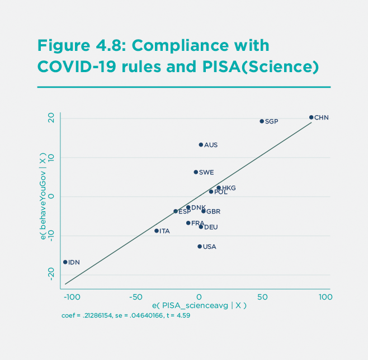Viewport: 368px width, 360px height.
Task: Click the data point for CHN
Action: point(311,117)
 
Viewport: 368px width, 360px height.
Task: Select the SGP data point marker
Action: point(262,121)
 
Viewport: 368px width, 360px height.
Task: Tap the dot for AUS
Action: point(201,145)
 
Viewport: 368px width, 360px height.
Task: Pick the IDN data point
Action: point(65,262)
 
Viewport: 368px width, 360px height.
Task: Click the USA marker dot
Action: point(200,247)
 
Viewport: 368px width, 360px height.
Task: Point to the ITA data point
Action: point(157,231)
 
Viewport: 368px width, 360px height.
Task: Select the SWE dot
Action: point(196,172)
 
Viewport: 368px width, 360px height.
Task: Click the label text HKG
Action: point(229,188)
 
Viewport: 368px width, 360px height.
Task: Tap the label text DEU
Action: point(211,228)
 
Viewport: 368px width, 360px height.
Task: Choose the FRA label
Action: point(197,223)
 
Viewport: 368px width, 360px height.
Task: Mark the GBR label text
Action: point(213,212)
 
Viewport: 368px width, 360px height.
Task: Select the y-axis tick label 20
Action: point(51,118)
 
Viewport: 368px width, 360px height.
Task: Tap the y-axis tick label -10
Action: point(51,235)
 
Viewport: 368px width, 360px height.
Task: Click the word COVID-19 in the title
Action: point(78,67)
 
